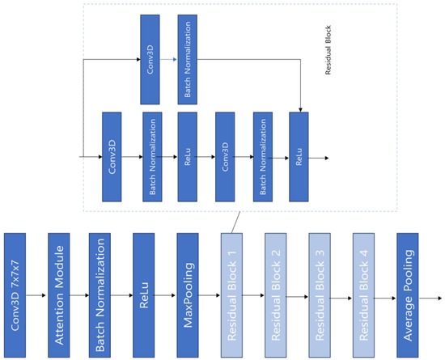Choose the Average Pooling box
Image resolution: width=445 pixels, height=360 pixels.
(409, 295)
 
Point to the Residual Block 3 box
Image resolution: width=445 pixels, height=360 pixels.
(320, 295)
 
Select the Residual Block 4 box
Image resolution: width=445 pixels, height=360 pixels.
(364, 295)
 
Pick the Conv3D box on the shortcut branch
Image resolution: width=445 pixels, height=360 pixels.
(150, 58)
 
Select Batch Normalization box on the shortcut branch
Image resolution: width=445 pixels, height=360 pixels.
(188, 58)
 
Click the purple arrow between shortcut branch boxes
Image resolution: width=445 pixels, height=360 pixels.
(169, 58)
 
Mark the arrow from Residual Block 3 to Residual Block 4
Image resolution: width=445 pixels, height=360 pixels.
(342, 295)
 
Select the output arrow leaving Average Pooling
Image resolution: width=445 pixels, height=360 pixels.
(431, 295)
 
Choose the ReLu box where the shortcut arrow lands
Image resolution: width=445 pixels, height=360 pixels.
(300, 157)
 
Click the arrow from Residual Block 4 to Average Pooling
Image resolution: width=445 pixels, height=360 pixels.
(386, 295)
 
